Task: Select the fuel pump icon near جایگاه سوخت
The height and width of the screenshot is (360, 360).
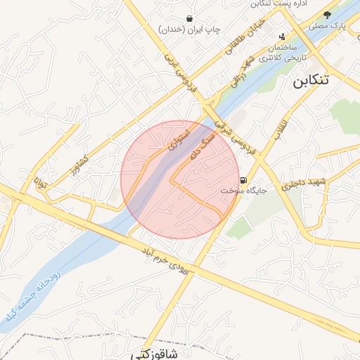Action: point(244,180)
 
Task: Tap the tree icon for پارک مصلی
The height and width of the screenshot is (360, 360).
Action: point(327,14)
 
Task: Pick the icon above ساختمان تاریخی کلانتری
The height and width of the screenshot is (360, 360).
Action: point(283,37)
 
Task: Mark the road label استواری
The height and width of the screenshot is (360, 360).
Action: point(179,139)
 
